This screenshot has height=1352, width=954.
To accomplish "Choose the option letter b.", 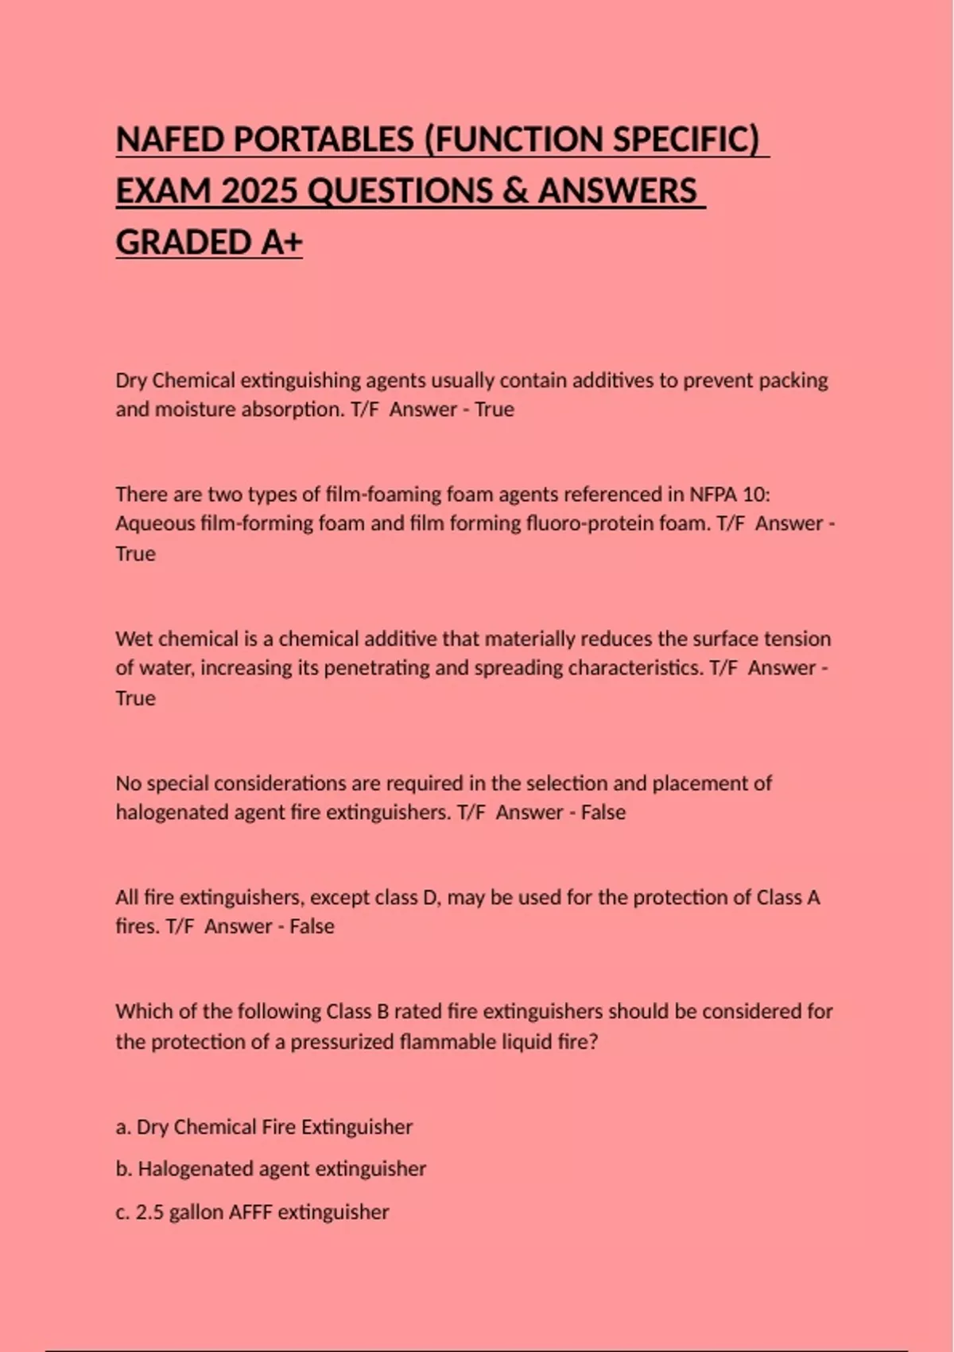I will pos(122,1169).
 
